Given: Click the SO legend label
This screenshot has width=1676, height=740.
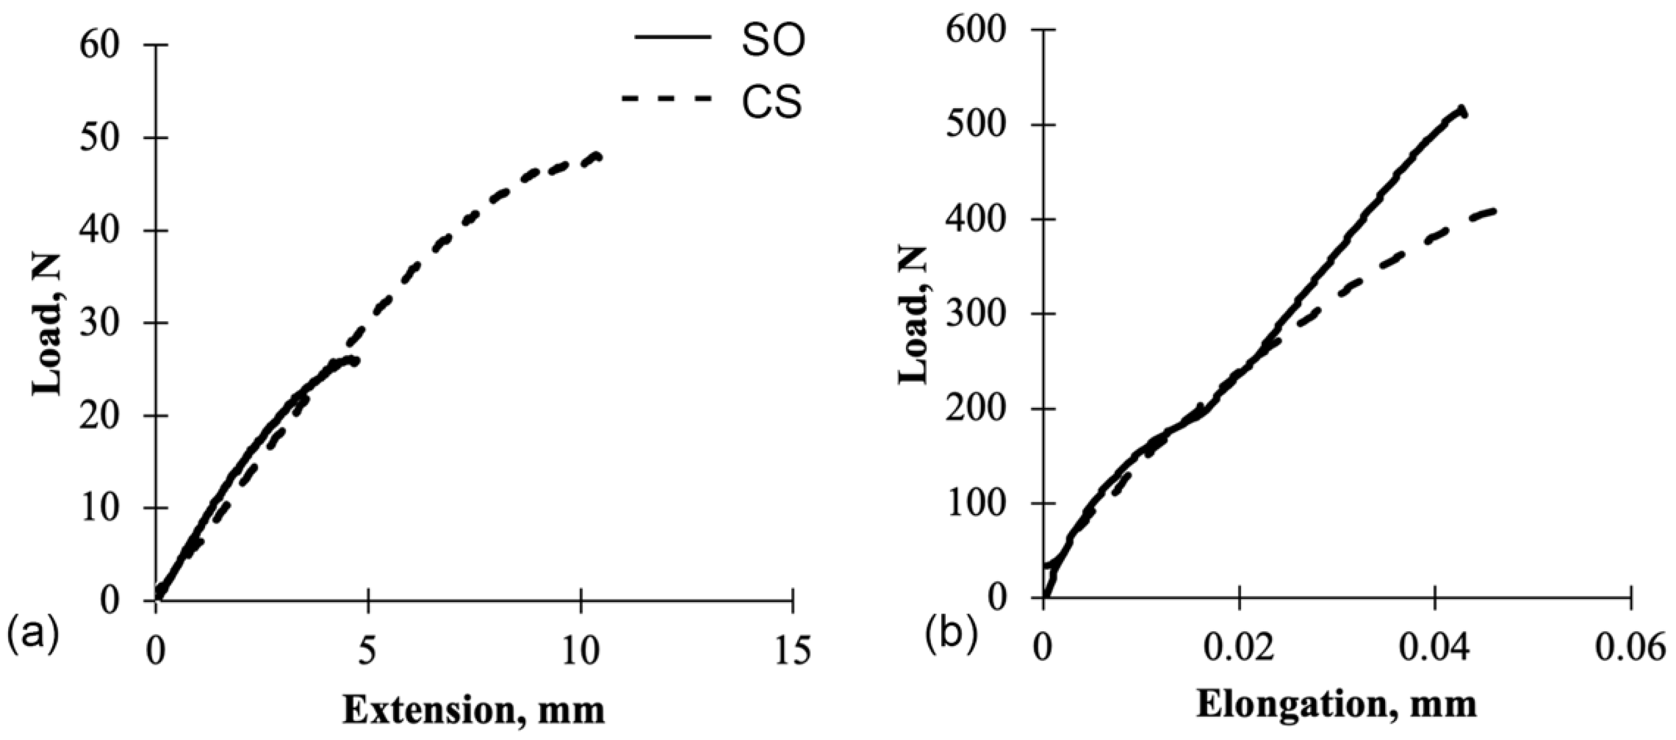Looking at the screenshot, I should point(773,40).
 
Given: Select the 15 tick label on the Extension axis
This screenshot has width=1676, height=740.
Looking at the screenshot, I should point(792,651).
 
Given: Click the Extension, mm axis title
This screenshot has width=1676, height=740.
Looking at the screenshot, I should point(474,711).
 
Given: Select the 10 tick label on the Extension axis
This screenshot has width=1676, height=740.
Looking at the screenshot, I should point(580,651).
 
